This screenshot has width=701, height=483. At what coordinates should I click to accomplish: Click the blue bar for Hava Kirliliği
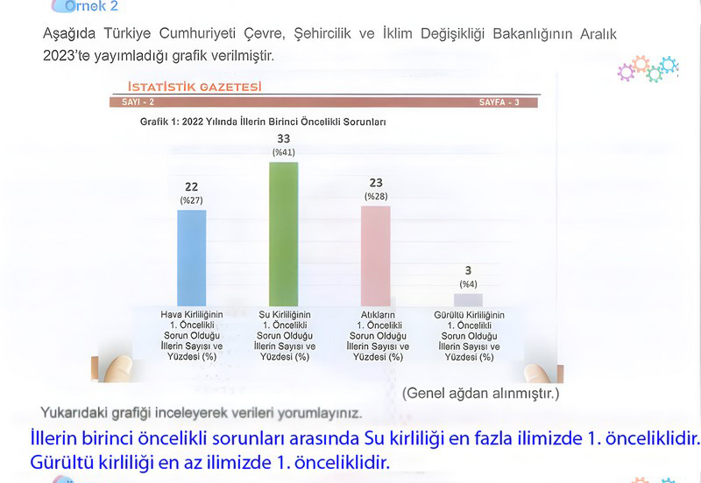[x=191, y=257]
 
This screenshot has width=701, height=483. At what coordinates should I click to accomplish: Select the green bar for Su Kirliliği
[x=283, y=234]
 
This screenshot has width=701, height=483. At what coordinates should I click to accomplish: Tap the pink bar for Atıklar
[x=376, y=255]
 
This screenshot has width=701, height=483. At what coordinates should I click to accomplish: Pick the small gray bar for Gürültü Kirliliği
[x=468, y=299]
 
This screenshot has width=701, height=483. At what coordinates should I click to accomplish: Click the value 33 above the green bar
[x=283, y=138]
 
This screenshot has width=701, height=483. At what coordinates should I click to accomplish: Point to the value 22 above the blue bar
[x=191, y=186]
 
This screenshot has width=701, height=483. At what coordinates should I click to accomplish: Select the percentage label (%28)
[x=376, y=196]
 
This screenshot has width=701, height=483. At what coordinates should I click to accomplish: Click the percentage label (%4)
[x=468, y=284]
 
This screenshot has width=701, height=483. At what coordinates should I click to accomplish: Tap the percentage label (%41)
[x=284, y=152]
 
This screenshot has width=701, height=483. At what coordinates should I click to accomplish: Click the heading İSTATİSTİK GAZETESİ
[x=195, y=87]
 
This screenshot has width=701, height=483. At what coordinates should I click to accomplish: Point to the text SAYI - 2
[x=138, y=102]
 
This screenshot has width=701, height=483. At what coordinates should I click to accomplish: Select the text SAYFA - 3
[x=499, y=102]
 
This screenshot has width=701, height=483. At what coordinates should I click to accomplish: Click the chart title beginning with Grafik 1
[x=263, y=122]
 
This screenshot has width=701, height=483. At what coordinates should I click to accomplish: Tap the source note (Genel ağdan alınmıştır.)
[x=480, y=393]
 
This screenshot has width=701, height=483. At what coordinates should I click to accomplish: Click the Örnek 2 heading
[x=91, y=6]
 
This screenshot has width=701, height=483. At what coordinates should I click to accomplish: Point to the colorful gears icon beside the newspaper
[x=648, y=68]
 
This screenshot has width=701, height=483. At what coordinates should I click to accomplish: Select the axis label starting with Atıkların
[x=378, y=336]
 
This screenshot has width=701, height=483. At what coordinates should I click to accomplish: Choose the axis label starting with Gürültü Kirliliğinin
[x=469, y=336]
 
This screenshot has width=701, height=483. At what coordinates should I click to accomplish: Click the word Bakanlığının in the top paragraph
[x=532, y=34]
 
